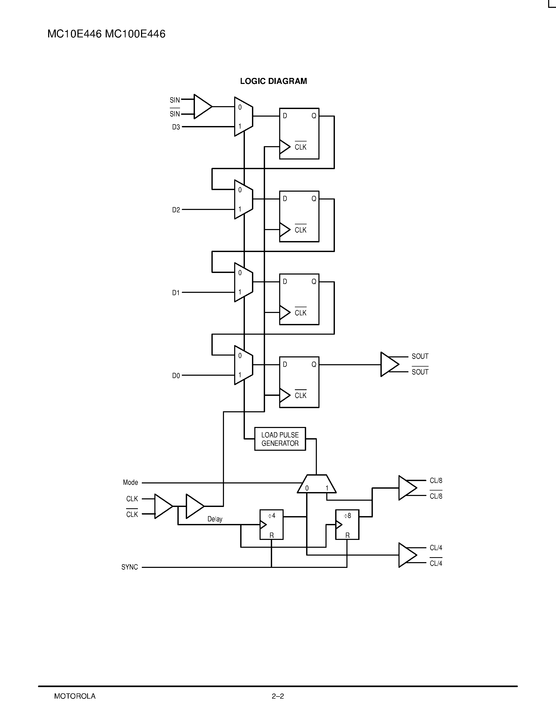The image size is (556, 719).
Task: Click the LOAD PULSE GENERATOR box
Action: click(280, 439)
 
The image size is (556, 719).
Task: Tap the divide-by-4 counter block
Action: click(271, 524)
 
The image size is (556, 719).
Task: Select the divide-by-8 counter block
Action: click(347, 524)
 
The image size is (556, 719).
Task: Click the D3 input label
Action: click(176, 127)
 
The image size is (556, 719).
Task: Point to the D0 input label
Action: click(176, 376)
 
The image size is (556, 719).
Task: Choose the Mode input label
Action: click(131, 483)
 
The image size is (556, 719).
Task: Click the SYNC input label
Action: click(130, 567)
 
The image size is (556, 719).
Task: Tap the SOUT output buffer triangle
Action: click(389, 364)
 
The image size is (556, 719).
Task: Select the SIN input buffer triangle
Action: click(202, 107)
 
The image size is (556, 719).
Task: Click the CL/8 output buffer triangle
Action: click(407, 488)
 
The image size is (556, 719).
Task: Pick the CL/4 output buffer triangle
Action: click(407, 555)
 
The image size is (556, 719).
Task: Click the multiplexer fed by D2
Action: click(243, 199)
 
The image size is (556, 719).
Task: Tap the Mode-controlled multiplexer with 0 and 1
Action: click(317, 484)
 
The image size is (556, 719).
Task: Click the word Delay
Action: click(215, 519)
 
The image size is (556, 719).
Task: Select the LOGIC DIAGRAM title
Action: click(273, 81)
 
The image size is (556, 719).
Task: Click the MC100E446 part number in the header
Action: click(135, 34)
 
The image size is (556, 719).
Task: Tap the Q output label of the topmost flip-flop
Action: click(314, 116)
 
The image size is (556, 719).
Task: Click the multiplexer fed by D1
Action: click(243, 282)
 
